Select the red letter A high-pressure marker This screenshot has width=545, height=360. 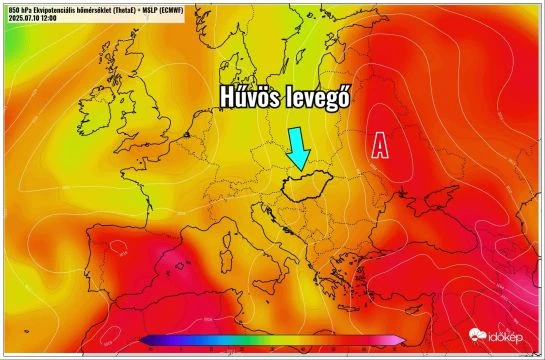tap(380, 146)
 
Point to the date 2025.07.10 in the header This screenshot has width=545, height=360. tap(24, 17)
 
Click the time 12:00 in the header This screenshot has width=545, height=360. tap(51, 17)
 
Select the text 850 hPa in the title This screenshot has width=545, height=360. tap(18, 8)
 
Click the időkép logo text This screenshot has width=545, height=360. tap(506, 338)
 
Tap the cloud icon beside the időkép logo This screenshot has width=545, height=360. tap(478, 336)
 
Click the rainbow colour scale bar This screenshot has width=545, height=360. tap(273, 341)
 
